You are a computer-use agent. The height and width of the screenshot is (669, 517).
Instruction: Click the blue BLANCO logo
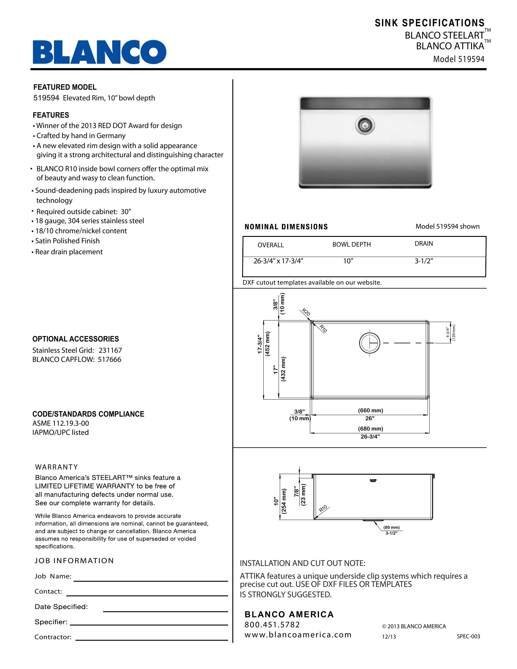click(99, 52)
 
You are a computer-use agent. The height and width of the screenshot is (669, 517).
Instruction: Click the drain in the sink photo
click(365, 125)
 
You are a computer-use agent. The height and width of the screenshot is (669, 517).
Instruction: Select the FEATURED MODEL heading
click(64, 87)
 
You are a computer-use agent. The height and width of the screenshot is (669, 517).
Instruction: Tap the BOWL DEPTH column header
click(351, 244)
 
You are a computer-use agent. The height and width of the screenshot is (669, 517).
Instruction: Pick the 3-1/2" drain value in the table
click(424, 261)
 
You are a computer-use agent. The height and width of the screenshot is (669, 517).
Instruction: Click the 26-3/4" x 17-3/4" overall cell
click(278, 261)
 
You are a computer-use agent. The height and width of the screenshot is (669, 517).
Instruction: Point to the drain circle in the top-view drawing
click(370, 343)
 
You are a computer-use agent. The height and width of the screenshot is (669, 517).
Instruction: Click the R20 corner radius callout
click(306, 312)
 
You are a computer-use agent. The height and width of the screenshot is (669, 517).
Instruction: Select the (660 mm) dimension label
click(370, 411)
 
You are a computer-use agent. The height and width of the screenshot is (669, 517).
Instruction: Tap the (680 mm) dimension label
click(370, 429)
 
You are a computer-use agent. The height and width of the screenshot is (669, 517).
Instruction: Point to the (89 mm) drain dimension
click(391, 528)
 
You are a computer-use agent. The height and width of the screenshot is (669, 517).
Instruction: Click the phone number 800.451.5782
click(272, 625)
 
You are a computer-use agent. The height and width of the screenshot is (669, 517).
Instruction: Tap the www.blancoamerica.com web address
click(298, 635)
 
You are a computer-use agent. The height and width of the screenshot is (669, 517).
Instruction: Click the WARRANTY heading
click(57, 467)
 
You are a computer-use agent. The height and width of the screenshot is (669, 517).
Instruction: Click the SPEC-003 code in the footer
click(468, 636)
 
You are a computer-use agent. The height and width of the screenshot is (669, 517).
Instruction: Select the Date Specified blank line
click(165, 611)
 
